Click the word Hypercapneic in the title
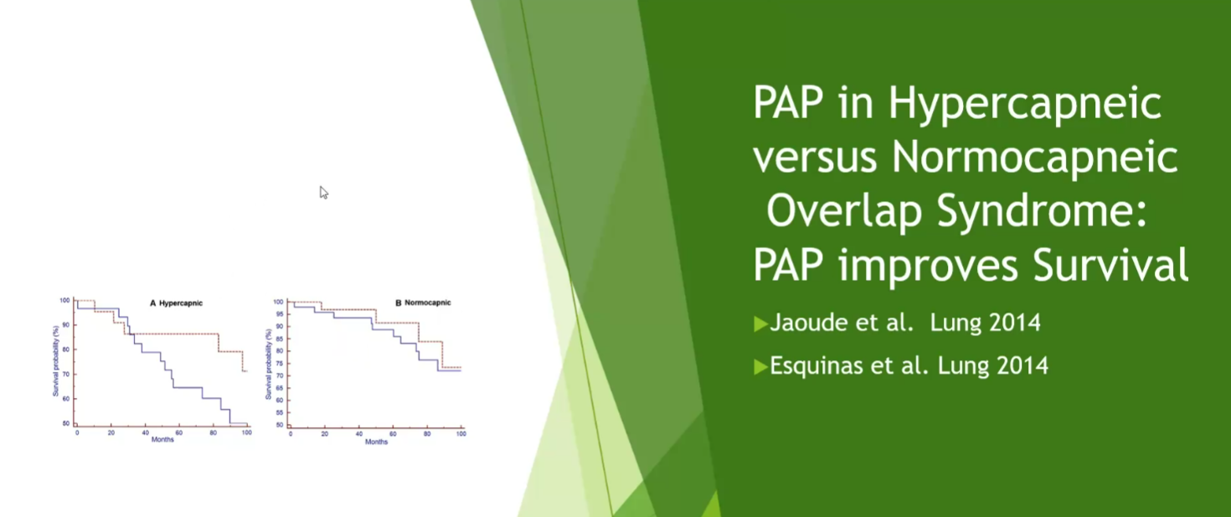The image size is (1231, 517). (x=1025, y=103)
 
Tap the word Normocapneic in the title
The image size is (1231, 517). (x=1035, y=157)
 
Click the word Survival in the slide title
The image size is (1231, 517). (x=1110, y=265)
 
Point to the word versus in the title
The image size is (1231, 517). (x=815, y=158)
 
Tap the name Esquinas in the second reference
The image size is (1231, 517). (x=816, y=365)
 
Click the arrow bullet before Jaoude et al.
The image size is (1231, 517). (x=760, y=323)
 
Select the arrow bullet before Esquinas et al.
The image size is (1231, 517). (x=760, y=366)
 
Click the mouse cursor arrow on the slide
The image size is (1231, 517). (x=323, y=192)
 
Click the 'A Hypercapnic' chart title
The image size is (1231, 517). (x=177, y=303)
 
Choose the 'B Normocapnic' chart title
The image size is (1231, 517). (x=423, y=302)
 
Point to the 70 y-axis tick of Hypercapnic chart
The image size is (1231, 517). (x=66, y=374)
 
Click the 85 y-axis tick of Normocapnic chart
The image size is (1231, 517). (x=279, y=339)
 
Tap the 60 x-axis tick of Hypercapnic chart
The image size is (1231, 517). (x=179, y=433)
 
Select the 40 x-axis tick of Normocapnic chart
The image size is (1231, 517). (x=359, y=434)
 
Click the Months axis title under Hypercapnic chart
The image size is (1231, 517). (x=162, y=439)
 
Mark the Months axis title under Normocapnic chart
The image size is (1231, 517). (x=377, y=442)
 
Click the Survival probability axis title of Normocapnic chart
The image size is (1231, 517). (x=269, y=364)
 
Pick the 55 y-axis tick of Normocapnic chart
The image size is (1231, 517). (x=279, y=412)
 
